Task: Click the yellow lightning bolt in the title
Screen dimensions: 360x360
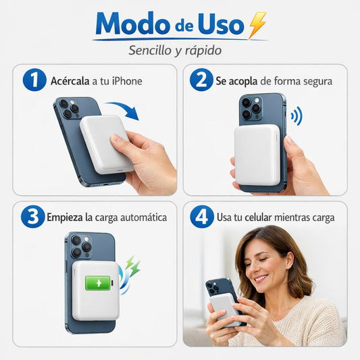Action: (x=257, y=25)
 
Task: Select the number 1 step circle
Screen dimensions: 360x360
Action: (x=33, y=81)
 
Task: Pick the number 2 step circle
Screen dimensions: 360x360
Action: (x=201, y=81)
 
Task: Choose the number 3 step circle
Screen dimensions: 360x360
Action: (x=33, y=217)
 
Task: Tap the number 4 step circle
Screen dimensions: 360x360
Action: (x=201, y=217)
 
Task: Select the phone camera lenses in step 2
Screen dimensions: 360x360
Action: (x=252, y=107)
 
